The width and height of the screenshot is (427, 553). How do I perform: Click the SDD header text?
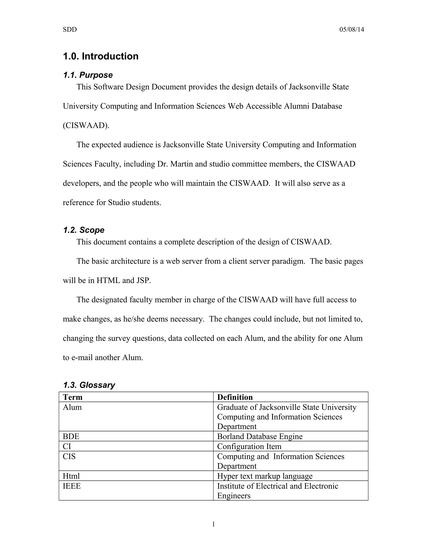click(70, 30)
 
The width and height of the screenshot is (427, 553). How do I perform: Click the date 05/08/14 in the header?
click(352, 30)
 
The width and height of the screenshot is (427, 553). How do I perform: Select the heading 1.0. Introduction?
click(101, 56)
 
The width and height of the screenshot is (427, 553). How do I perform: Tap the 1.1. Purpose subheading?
click(88, 75)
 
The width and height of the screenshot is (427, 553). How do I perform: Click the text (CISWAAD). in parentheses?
click(86, 125)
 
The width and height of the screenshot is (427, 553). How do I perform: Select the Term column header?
click(73, 397)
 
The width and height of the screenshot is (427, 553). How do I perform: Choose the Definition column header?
click(235, 397)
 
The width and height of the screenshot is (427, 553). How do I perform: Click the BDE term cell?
click(71, 436)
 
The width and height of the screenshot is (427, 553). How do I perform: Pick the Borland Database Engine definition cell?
click(260, 436)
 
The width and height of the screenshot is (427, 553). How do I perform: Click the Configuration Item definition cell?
click(249, 446)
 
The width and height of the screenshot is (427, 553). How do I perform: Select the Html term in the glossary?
click(71, 476)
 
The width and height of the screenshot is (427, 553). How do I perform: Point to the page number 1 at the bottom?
click(213, 524)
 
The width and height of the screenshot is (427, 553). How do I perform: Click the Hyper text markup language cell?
click(265, 476)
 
